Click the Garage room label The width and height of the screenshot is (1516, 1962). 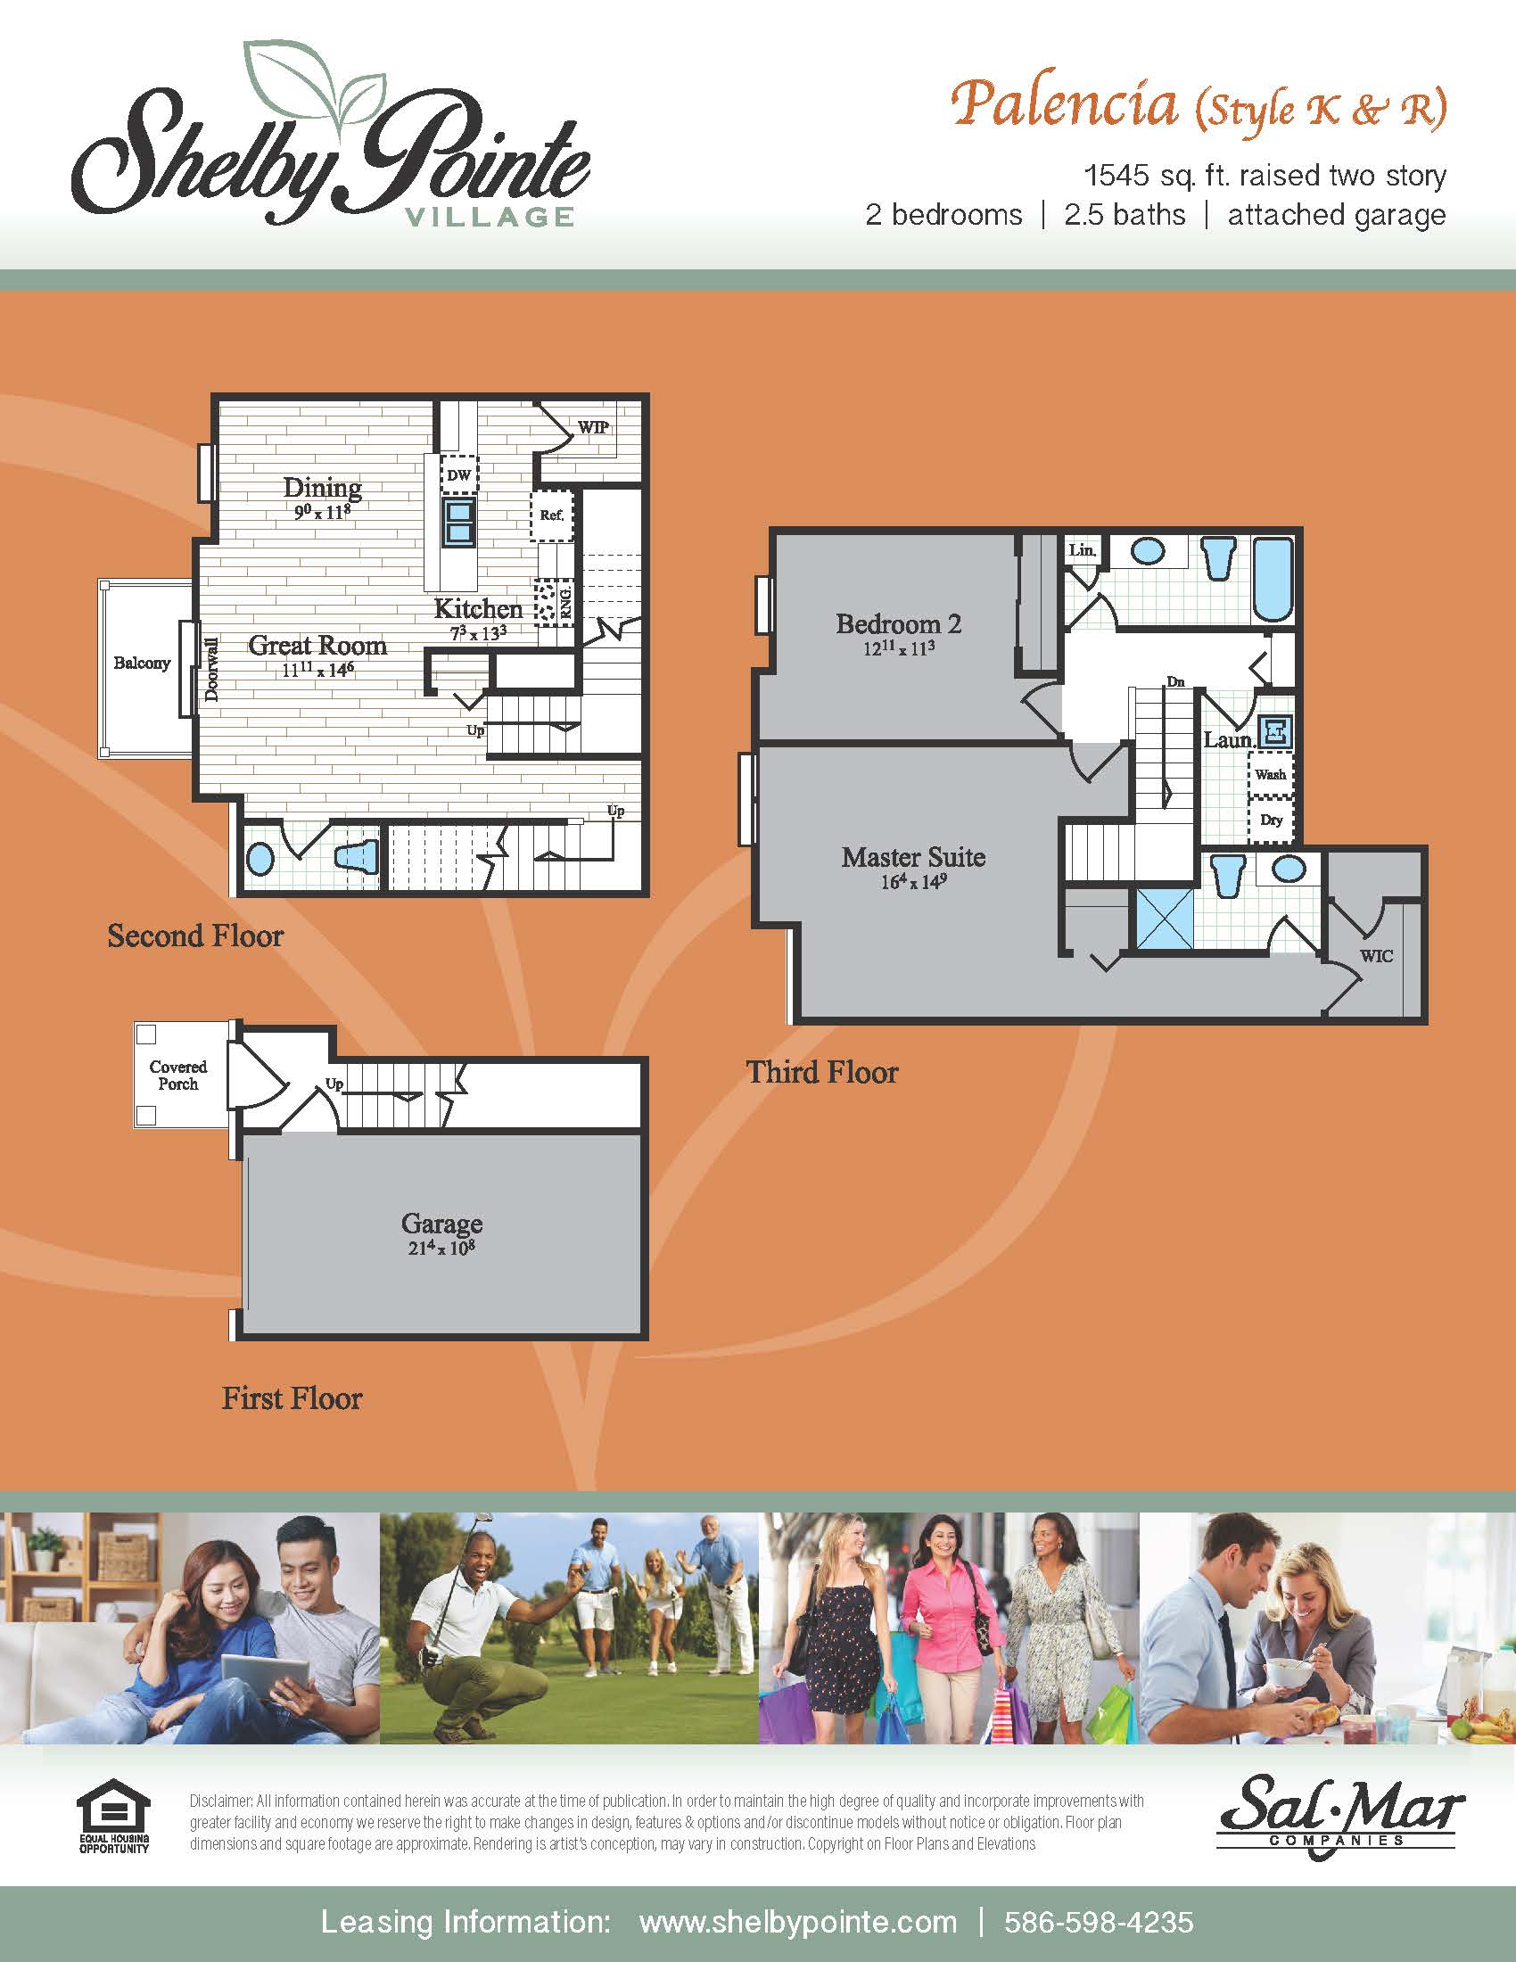[441, 1224]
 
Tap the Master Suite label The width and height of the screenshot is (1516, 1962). [912, 857]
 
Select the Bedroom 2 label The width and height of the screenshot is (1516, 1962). [898, 623]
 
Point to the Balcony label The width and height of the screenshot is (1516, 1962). [142, 663]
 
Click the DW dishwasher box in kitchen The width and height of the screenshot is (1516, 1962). [459, 475]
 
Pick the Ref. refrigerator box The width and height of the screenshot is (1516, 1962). [551, 515]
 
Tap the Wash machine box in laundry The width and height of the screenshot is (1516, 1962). [1270, 774]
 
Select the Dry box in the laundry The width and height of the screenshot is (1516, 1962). [1271, 820]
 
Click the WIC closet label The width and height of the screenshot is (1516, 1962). [1376, 956]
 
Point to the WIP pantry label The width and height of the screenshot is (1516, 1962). [593, 426]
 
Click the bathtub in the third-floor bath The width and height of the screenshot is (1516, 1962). [1272, 580]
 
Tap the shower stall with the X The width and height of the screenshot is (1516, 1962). [1165, 919]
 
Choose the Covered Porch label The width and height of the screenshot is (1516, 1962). [177, 1075]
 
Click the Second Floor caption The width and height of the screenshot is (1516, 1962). [195, 936]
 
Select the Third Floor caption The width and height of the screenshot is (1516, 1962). [822, 1072]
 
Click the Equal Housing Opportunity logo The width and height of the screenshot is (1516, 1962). [113, 1815]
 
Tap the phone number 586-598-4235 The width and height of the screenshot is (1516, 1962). [1099, 1922]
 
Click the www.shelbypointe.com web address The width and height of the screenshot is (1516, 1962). [797, 1922]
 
